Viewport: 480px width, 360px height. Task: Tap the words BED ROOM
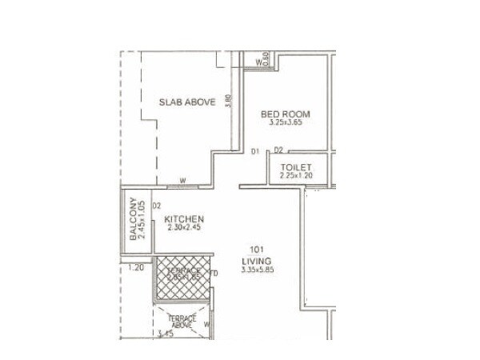click(x=286, y=114)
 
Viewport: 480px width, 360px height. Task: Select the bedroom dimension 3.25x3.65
click(x=286, y=124)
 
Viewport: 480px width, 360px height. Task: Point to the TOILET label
click(x=295, y=167)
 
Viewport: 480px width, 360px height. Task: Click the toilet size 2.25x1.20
click(x=295, y=175)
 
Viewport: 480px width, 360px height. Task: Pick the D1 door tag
click(x=254, y=150)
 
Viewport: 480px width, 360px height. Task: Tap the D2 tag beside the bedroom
click(x=278, y=150)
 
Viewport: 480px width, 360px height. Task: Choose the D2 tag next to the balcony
click(x=157, y=206)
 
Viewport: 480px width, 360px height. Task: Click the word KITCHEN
click(x=184, y=219)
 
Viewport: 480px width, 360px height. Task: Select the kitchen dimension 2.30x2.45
click(x=184, y=228)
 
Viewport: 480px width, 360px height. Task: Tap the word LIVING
click(x=257, y=261)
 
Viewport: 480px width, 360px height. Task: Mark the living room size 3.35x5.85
click(x=257, y=270)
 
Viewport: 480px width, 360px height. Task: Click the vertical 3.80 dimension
click(x=230, y=102)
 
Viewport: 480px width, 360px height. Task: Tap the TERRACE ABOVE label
click(x=182, y=321)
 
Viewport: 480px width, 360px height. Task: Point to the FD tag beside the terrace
click(x=214, y=274)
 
